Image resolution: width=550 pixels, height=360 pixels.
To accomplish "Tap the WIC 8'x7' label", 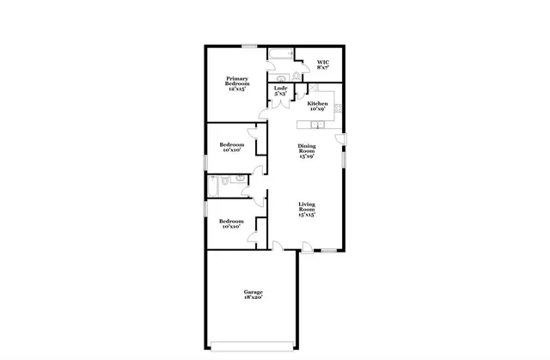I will [x=322, y=66].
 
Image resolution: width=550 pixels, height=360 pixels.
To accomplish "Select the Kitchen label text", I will [x=317, y=106].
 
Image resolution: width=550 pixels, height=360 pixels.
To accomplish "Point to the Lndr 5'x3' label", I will [x=280, y=91].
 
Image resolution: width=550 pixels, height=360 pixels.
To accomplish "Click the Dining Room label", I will [x=306, y=150].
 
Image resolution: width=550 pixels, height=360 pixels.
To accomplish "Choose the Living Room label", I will [x=306, y=209].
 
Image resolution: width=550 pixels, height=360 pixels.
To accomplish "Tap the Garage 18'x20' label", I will [x=252, y=295].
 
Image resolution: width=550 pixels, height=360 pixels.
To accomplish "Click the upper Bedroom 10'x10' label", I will [x=231, y=147].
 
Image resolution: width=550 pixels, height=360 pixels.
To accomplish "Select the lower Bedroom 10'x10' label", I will [x=232, y=223].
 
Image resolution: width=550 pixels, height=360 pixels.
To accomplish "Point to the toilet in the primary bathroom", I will [x=294, y=76].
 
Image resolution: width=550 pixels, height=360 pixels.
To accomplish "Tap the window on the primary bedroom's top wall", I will [x=249, y=46].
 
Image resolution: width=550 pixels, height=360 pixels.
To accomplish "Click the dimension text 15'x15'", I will [x=306, y=215].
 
